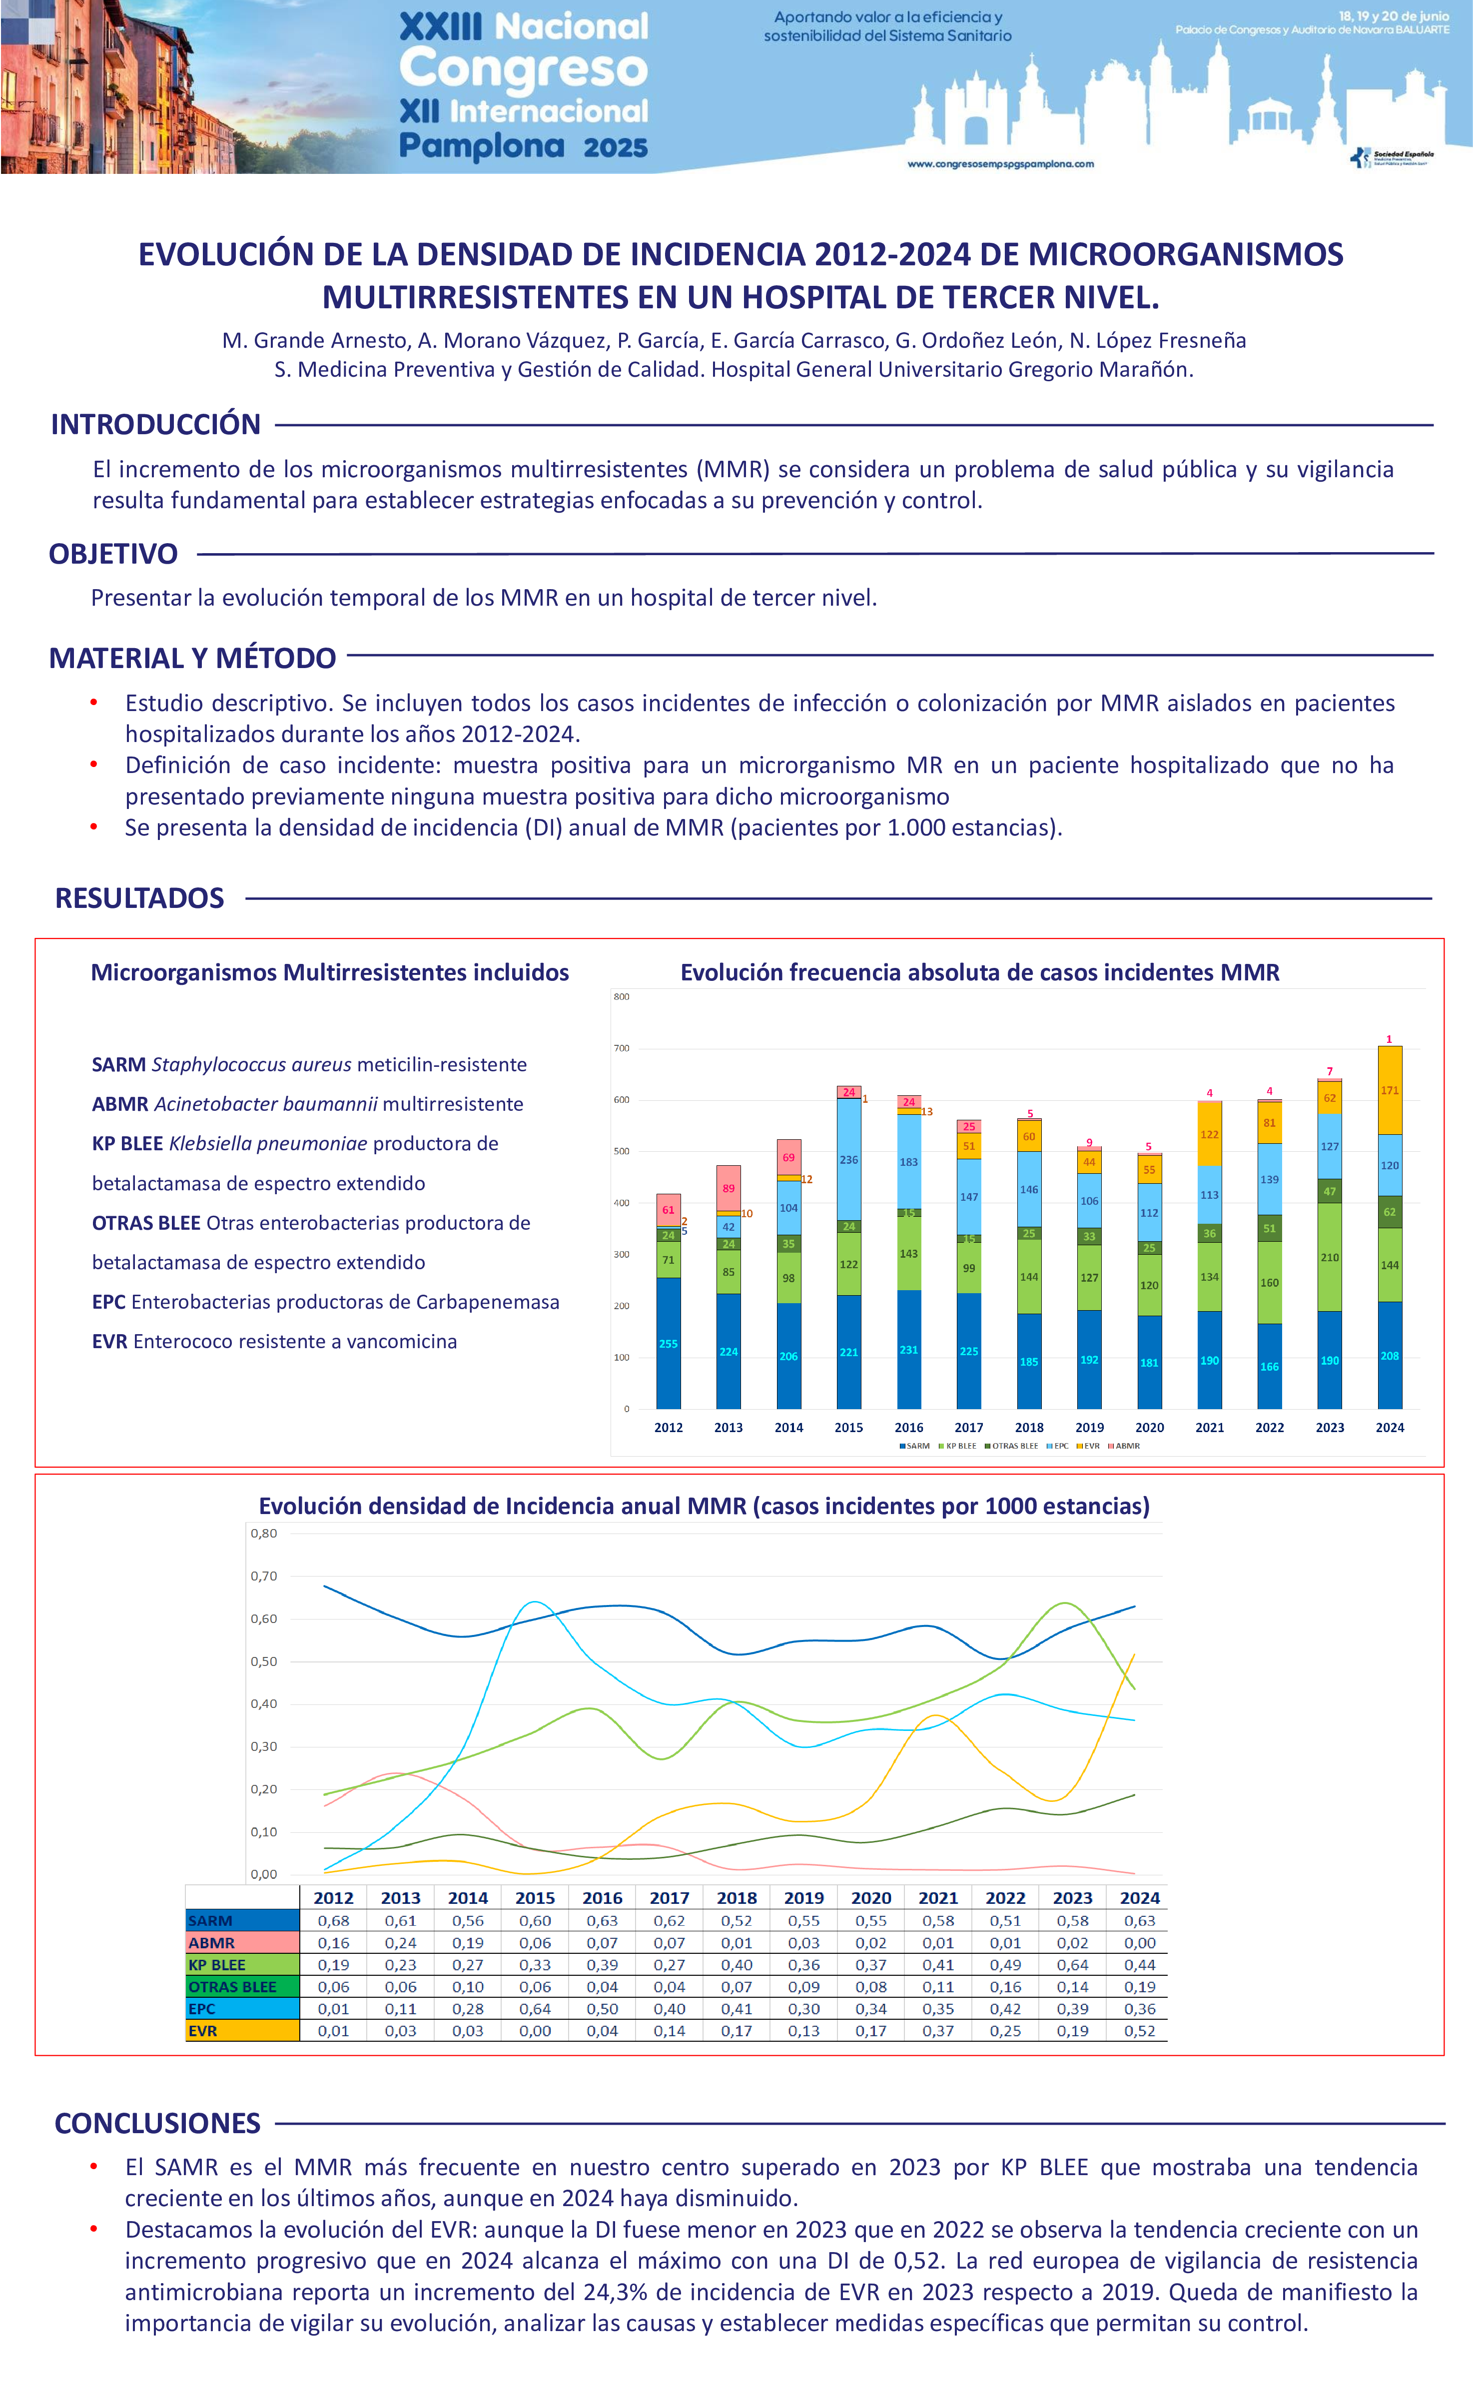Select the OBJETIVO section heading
click(x=113, y=554)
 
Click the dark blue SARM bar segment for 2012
click(x=669, y=1344)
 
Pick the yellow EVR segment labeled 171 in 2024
click(x=1389, y=1091)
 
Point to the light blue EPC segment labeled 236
click(x=848, y=1160)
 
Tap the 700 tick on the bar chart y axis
click(x=622, y=1049)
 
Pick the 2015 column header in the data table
click(x=535, y=1898)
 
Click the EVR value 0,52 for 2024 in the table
click(x=1140, y=2031)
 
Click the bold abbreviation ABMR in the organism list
click(x=119, y=1104)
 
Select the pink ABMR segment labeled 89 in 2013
click(x=728, y=1188)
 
